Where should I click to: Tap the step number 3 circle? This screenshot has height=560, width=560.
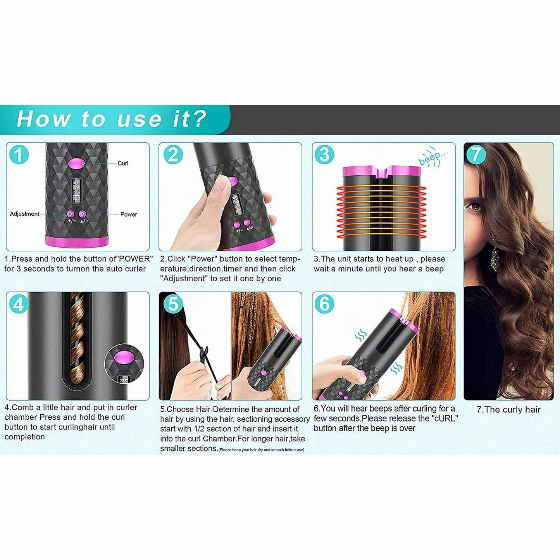point(325,155)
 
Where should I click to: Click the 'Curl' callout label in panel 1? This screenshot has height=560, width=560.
point(123,163)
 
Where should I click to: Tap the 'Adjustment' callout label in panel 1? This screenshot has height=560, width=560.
point(24,214)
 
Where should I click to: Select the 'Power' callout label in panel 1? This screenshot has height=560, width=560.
point(129,214)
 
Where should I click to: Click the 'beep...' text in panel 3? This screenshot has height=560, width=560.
point(433,157)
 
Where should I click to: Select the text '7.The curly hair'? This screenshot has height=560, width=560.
point(508,410)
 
